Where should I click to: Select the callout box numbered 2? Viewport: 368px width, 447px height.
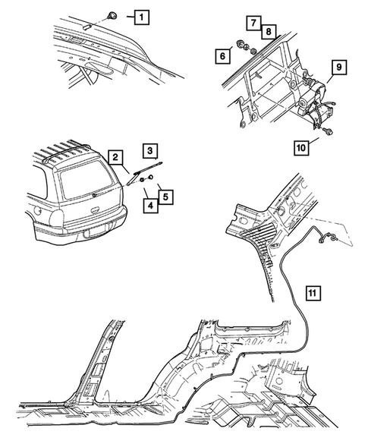pyautogui.click(x=115, y=157)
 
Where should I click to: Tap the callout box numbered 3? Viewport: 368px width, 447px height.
pyautogui.click(x=150, y=150)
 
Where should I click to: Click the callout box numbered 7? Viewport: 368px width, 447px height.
pyautogui.click(x=252, y=22)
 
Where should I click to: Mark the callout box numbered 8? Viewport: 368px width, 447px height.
pyautogui.click(x=267, y=30)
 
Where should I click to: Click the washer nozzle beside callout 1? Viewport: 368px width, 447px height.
pyautogui.click(x=112, y=14)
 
